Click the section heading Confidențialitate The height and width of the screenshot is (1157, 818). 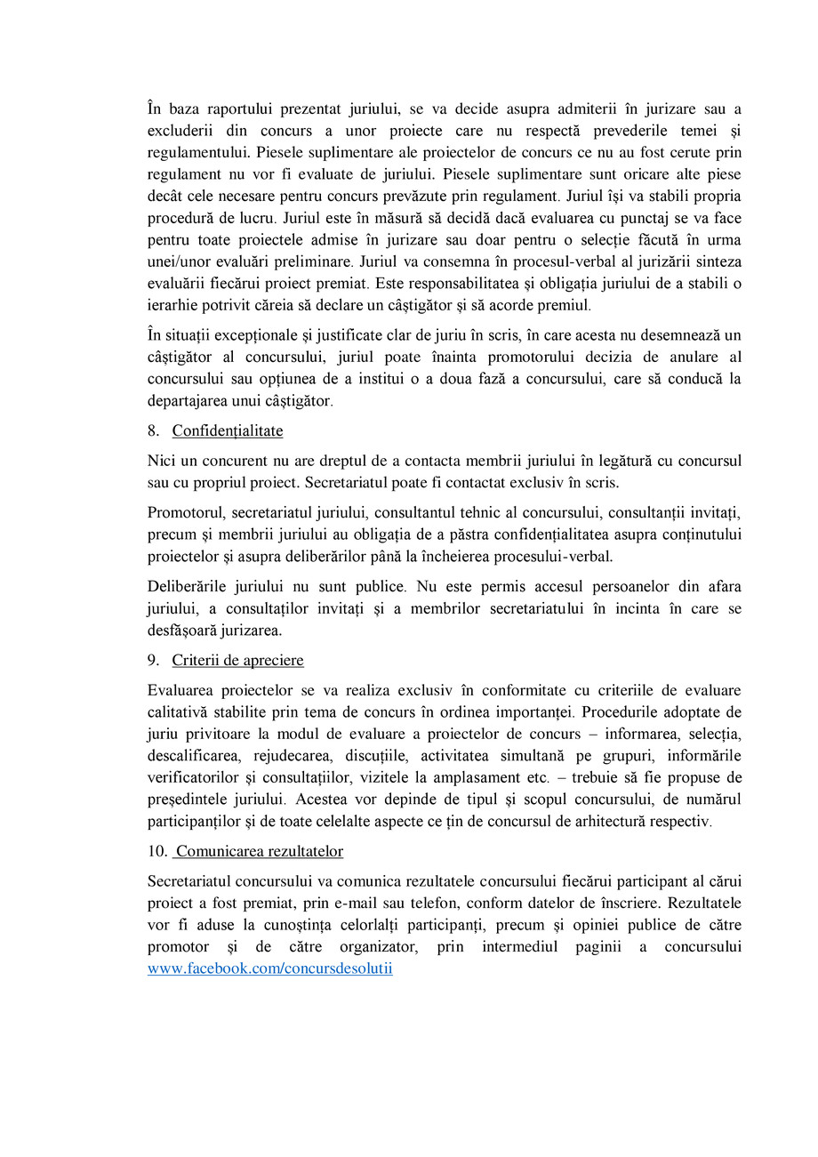(228, 431)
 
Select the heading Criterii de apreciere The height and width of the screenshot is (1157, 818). (237, 661)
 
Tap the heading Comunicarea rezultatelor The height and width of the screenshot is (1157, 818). (260, 852)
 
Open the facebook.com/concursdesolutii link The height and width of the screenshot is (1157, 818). (269, 969)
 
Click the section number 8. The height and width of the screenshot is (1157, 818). (153, 431)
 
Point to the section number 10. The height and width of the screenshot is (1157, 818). (157, 852)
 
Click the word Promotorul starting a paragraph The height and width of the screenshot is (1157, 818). (184, 513)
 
